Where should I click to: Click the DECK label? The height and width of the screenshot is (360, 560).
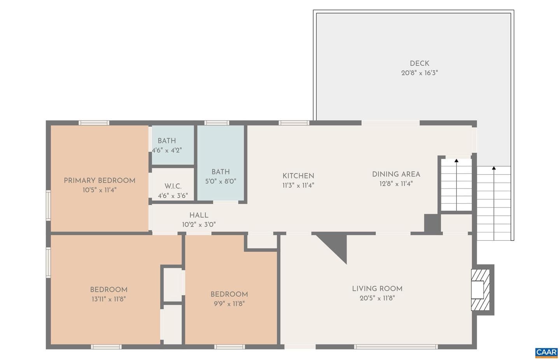(x=420, y=63)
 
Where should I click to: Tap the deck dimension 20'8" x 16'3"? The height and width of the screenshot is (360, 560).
(x=420, y=73)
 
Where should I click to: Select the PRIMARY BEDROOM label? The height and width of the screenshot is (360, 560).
(x=100, y=180)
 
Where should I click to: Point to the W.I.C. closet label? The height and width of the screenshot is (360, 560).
(x=173, y=186)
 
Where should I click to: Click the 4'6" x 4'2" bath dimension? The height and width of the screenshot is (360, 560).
(x=167, y=150)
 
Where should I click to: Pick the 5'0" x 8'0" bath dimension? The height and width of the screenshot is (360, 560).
(x=220, y=181)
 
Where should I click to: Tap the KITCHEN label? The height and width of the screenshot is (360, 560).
(x=298, y=176)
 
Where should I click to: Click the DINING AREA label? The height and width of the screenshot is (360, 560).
(x=396, y=174)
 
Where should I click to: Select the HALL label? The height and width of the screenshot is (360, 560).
(x=199, y=215)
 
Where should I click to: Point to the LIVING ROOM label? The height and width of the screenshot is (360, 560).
(x=377, y=289)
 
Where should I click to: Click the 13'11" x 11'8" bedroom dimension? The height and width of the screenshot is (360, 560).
(x=109, y=299)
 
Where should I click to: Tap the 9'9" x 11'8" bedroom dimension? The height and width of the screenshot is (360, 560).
(x=229, y=304)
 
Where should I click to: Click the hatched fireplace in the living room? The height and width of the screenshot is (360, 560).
(x=480, y=290)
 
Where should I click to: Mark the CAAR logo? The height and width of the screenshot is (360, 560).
(x=546, y=353)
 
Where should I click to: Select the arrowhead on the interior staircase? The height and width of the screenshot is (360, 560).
(x=457, y=161)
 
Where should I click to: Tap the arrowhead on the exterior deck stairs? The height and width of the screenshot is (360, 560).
(x=494, y=168)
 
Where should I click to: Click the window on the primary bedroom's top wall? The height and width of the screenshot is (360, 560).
(x=94, y=123)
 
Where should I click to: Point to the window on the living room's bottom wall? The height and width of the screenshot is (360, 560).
(x=396, y=347)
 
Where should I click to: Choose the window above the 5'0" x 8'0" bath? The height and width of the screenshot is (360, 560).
(x=217, y=123)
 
